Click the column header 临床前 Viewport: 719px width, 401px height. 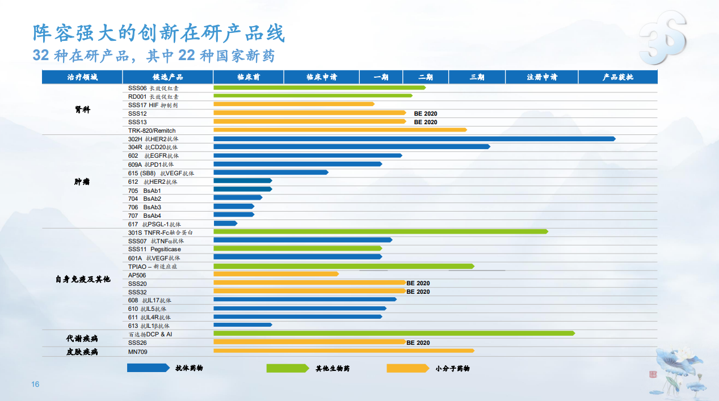pyautogui.click(x=249, y=77)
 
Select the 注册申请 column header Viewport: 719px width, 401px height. pyautogui.click(x=542, y=77)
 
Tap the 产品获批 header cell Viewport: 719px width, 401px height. pyautogui.click(x=618, y=77)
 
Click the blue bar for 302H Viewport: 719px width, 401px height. pyautogui.click(x=414, y=139)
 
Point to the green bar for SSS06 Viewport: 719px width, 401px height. pyautogui.click(x=319, y=87)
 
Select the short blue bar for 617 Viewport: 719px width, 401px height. pyautogui.click(x=225, y=223)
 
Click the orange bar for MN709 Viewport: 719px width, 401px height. pyautogui.click(x=343, y=351)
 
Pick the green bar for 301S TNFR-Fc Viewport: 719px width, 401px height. pyautogui.click(x=380, y=231)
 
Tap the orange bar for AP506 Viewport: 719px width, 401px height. pyautogui.click(x=276, y=274)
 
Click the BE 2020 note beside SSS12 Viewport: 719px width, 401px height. pyautogui.click(x=426, y=113)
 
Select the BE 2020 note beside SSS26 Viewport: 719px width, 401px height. pyautogui.click(x=418, y=343)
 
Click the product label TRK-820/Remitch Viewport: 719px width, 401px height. pyautogui.click(x=152, y=130)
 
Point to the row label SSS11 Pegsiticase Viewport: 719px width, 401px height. pyautogui.click(x=154, y=249)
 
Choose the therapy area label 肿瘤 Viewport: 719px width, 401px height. pyautogui.click(x=82, y=182)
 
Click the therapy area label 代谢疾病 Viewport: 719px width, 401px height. pyautogui.click(x=82, y=338)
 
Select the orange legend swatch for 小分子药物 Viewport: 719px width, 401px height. pyautogui.click(x=407, y=368)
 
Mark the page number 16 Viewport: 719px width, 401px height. pyautogui.click(x=35, y=385)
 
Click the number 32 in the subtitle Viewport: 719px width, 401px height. pyautogui.click(x=40, y=56)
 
